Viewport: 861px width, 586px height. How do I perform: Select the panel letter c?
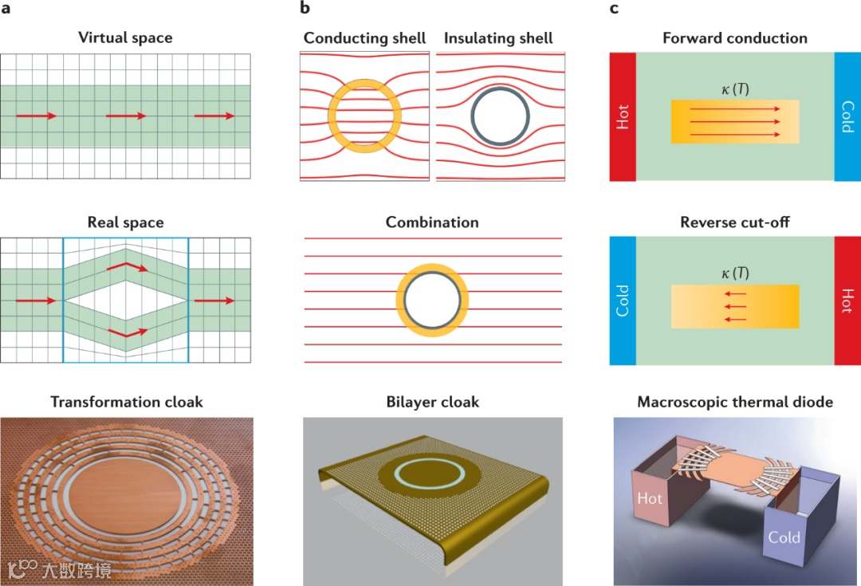(x=614, y=9)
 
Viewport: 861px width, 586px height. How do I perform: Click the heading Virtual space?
(x=125, y=37)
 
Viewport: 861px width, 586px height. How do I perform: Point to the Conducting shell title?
(x=365, y=38)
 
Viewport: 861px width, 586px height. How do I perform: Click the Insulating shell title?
(x=498, y=38)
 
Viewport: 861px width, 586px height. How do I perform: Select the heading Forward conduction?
(x=734, y=38)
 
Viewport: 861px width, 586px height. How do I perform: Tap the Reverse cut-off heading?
(x=734, y=222)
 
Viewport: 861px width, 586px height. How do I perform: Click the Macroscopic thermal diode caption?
(x=734, y=402)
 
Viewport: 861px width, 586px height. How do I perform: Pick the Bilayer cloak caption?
(x=432, y=402)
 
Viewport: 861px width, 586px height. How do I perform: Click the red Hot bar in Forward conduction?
(x=623, y=116)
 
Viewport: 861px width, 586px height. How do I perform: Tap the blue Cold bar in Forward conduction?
(x=847, y=116)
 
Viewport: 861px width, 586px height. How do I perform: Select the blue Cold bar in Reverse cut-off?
(x=623, y=301)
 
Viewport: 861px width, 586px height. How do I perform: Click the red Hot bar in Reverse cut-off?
(x=847, y=301)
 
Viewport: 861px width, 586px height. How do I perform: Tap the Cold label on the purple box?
(x=784, y=537)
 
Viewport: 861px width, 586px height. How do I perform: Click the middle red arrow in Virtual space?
(x=126, y=116)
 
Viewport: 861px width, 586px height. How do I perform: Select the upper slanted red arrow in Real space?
(x=127, y=265)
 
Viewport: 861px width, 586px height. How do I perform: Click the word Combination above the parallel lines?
(x=432, y=222)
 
